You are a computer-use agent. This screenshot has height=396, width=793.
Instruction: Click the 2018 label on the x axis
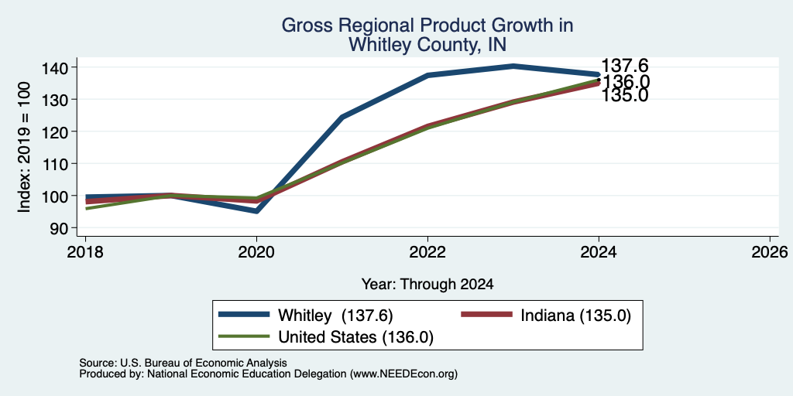[x=85, y=251]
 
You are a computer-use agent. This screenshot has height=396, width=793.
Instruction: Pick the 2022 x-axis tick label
[x=427, y=251]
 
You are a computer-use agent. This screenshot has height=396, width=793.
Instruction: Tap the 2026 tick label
[x=771, y=251]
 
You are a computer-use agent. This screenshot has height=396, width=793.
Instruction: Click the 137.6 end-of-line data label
[x=625, y=66]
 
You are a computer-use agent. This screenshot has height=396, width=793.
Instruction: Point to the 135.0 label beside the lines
[x=625, y=95]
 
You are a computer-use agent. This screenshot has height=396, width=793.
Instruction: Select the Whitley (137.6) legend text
[x=335, y=315]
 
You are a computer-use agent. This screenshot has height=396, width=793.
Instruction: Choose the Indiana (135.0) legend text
[x=575, y=315]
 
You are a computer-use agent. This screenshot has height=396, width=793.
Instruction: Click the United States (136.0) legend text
[x=355, y=337]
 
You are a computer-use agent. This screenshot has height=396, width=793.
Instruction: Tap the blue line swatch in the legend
[x=244, y=315]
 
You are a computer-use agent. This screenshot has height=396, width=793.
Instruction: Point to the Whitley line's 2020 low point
[x=256, y=210]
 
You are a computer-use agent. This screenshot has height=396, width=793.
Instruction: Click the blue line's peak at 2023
[x=513, y=67]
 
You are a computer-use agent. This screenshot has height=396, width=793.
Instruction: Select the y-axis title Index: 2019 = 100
[x=24, y=148]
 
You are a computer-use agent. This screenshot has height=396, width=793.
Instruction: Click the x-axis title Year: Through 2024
[x=427, y=285]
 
